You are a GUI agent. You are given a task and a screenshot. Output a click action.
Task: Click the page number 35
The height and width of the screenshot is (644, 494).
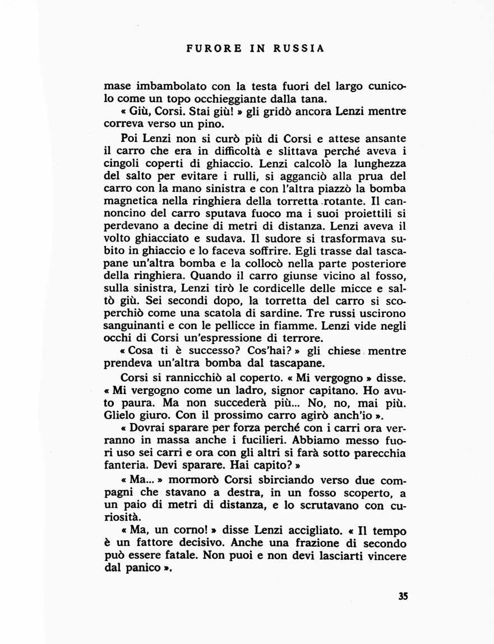coord(403,596)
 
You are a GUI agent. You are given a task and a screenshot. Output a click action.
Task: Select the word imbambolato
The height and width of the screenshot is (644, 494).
coord(163,87)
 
